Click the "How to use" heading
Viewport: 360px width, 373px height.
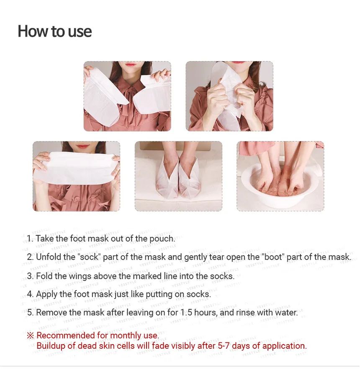tap(55, 31)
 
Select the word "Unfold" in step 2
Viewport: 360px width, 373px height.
tap(49, 257)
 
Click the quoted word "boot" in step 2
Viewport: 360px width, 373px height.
tap(273, 257)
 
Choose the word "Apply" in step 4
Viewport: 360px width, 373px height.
tap(46, 294)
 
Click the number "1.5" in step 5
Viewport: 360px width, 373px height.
tap(186, 312)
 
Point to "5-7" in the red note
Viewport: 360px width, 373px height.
tap(224, 346)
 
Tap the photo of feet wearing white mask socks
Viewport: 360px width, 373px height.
tap(178, 176)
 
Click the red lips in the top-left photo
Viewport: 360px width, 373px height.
tap(130, 64)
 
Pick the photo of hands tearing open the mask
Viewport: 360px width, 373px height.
tap(229, 96)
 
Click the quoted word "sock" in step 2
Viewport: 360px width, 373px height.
tap(91, 257)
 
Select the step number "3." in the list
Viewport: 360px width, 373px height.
tap(30, 276)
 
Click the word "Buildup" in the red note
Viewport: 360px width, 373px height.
tap(51, 346)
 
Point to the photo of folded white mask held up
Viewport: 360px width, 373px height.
tap(76, 176)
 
